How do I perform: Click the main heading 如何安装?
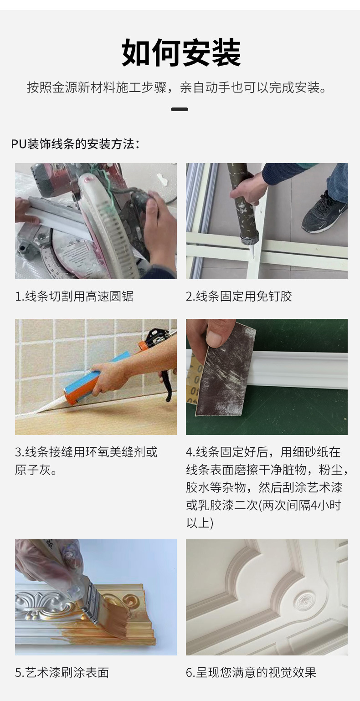click(x=181, y=53)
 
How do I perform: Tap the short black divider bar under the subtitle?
click(x=180, y=109)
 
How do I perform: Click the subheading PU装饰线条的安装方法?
click(x=75, y=144)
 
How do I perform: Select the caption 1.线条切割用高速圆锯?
click(x=74, y=297)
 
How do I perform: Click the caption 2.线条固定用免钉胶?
click(x=239, y=297)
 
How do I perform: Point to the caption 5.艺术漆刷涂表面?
click(x=62, y=672)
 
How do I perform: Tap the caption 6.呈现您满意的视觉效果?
click(x=251, y=672)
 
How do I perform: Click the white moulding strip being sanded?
click(x=301, y=371)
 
